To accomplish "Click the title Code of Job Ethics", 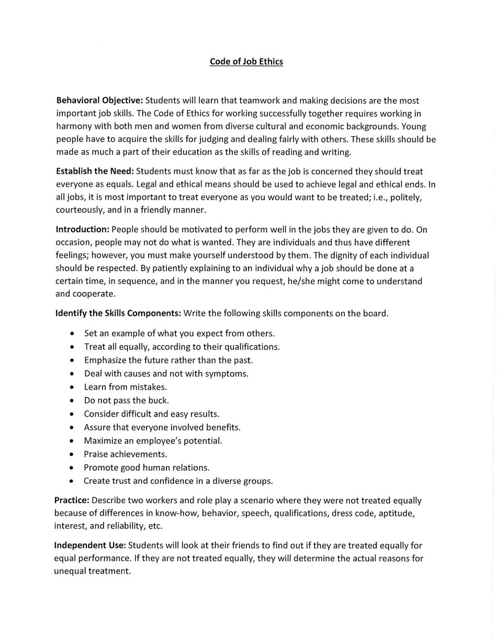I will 246,61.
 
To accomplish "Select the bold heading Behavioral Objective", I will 99,101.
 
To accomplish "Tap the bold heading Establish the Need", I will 95,172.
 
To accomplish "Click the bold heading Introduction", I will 82,230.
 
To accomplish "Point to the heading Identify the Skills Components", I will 118,314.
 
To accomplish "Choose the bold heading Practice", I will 72,501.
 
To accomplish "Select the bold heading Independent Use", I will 90,546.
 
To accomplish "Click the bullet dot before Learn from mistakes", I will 72,387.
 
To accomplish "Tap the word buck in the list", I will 160,401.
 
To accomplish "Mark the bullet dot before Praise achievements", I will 72,454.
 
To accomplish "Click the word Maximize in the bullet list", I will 103,441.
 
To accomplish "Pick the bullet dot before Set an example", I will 72,334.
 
